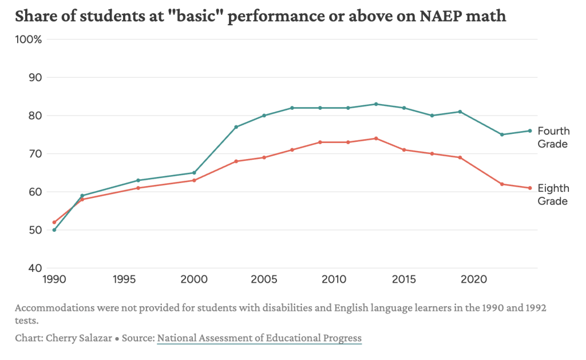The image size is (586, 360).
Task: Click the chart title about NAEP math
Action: [x=260, y=15]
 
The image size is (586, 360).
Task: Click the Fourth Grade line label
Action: [x=553, y=137]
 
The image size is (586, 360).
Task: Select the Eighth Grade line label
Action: [x=553, y=195]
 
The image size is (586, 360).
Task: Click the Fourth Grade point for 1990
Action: [x=54, y=230]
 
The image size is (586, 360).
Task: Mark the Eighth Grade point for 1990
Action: [x=54, y=222]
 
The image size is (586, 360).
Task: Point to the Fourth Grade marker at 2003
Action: [x=236, y=127]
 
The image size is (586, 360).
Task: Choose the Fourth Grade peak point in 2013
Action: [x=376, y=104]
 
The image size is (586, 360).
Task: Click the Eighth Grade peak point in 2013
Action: [x=376, y=139]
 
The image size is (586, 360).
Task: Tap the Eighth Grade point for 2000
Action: [x=194, y=180]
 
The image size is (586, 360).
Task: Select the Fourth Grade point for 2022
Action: [x=502, y=134]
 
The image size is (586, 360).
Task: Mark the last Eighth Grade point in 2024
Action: [x=530, y=188]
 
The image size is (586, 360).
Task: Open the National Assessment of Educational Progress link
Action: [x=259, y=338]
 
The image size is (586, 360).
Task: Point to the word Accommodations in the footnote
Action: [x=50, y=308]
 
